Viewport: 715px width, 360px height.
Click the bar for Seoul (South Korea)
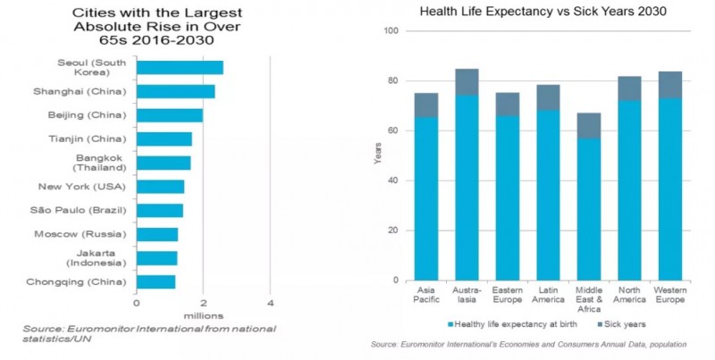(x=180, y=68)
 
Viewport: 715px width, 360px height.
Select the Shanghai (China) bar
(x=175, y=91)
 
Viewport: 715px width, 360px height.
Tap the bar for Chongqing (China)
(x=156, y=281)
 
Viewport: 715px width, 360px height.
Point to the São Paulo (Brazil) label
(x=84, y=210)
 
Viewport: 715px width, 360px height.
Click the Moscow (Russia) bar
(x=157, y=234)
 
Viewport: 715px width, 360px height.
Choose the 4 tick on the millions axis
(x=270, y=302)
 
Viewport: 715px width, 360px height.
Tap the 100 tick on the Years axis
(x=390, y=31)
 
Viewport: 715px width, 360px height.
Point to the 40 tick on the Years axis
(x=392, y=181)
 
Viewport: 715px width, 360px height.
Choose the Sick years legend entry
(x=622, y=323)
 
